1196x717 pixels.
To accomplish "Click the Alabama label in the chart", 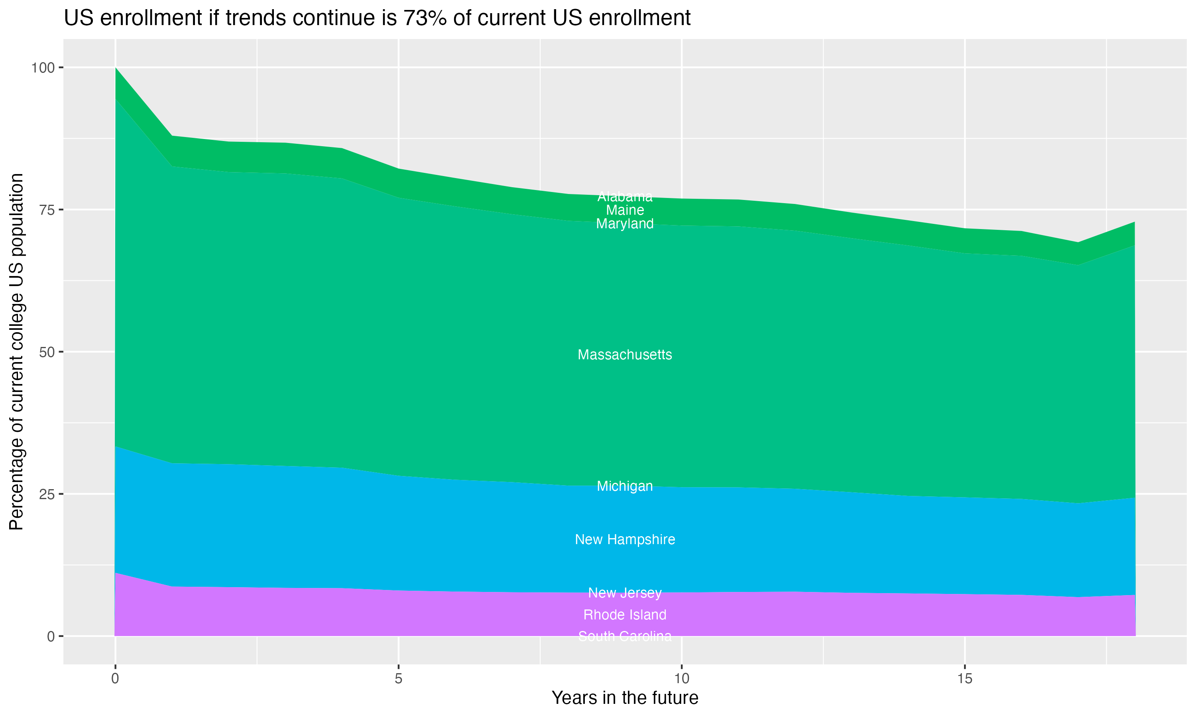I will click(625, 197).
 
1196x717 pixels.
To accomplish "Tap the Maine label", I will click(625, 210).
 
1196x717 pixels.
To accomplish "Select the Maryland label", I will click(625, 224).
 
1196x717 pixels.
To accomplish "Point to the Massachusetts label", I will click(625, 355).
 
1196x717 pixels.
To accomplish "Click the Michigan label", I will click(625, 486).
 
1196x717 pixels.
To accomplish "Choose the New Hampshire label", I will click(625, 540).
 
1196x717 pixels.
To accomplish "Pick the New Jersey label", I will click(625, 593).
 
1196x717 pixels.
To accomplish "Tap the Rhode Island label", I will click(625, 615).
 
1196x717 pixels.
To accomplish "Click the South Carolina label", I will click(625, 636).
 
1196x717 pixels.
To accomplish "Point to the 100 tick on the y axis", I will click(43, 68).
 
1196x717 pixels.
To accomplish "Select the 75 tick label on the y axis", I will click(46, 210).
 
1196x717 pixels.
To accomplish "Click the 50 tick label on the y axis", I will click(46, 352).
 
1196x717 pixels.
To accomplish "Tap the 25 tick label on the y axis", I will click(46, 494).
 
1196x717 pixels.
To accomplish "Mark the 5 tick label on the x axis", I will click(398, 679).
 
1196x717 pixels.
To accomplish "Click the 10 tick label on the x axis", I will click(681, 679).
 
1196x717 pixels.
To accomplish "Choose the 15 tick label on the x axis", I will click(964, 679).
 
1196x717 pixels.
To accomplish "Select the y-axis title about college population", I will click(16, 352).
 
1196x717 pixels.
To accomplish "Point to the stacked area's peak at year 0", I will click(116, 68).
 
